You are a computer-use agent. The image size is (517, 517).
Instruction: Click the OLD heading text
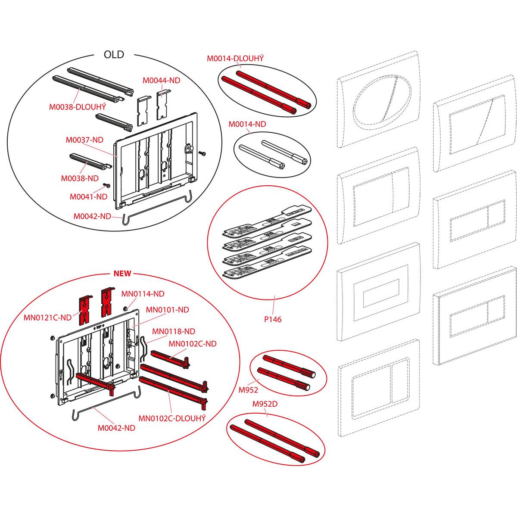coord(114,55)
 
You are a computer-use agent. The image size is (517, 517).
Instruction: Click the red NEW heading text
coord(122,274)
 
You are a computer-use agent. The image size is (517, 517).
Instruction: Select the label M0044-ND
coord(161,80)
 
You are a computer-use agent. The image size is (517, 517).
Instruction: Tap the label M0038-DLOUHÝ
coord(78,107)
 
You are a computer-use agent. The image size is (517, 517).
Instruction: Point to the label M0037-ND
coord(84,140)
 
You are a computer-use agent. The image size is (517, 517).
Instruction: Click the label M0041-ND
coord(89,196)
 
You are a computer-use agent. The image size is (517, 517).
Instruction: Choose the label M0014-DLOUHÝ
coord(235,58)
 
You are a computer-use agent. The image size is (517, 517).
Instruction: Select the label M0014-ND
coord(247,124)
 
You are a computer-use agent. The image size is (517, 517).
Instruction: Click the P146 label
coord(273,319)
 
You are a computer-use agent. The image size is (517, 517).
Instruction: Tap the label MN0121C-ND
coord(47,318)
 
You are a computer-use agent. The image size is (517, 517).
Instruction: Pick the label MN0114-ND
coord(143,294)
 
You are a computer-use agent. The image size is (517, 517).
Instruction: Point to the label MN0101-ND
coord(168,310)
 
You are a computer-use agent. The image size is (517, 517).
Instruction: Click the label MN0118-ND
coord(174,331)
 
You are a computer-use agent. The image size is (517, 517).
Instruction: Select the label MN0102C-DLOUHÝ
coord(172,418)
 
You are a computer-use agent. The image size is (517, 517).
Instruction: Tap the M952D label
coord(265,404)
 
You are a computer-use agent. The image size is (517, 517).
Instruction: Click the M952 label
coord(248,390)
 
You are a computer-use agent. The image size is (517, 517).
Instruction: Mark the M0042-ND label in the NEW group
coord(116,428)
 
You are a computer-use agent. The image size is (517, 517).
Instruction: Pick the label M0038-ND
coord(80,178)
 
